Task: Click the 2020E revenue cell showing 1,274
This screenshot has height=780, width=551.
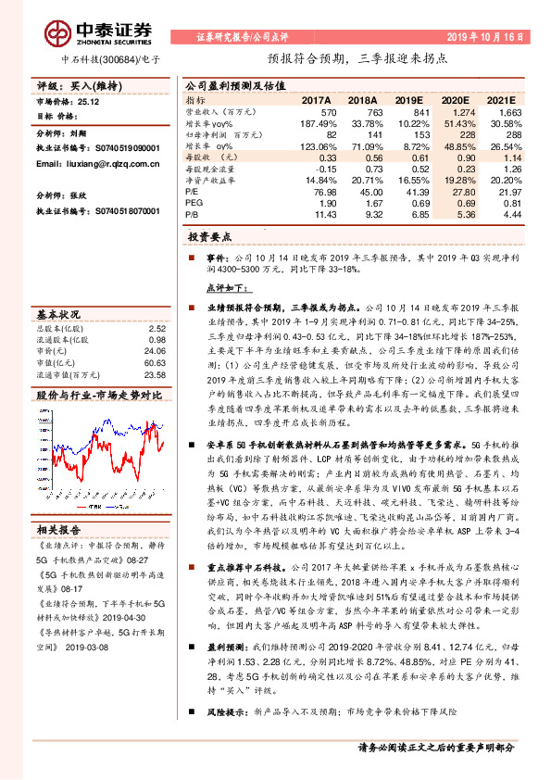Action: [x=462, y=111]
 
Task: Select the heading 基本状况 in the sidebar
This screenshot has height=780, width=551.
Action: [x=58, y=313]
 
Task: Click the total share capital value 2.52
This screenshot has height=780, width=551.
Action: [x=157, y=328]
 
